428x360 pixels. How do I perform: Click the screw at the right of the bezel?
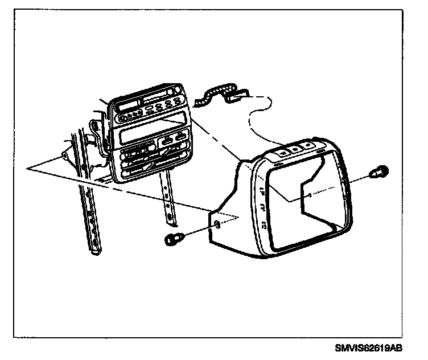(380, 171)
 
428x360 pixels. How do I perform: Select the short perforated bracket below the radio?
(168, 199)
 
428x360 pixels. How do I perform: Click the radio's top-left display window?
(127, 108)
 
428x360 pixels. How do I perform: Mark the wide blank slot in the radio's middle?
(138, 136)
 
